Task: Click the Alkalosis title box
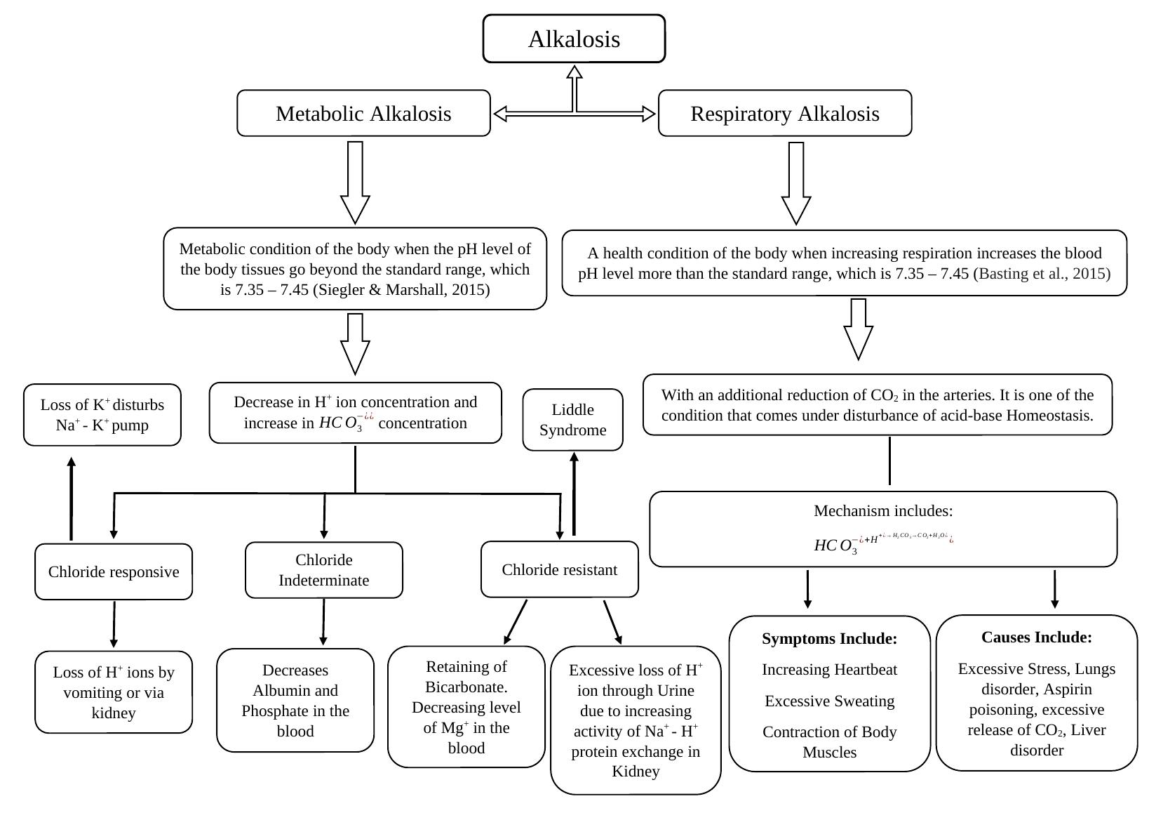tap(574, 39)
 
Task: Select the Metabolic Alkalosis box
tap(363, 114)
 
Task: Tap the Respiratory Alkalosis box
tap(784, 114)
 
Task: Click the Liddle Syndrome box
tap(572, 420)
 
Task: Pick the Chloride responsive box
tap(114, 571)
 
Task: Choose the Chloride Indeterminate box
tap(323, 570)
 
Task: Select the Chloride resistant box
tap(559, 569)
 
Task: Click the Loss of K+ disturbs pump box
tap(102, 415)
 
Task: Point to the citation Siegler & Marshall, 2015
tap(401, 290)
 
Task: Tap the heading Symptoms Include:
tap(829, 639)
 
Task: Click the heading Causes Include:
tap(1036, 637)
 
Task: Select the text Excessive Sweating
tap(829, 701)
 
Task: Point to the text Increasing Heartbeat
tap(829, 670)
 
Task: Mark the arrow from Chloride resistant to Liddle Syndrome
tap(574, 495)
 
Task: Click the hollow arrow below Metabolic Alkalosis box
tap(355, 183)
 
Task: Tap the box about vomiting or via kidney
tap(114, 692)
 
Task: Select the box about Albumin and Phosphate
tap(295, 701)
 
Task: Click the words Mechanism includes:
tap(882, 511)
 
